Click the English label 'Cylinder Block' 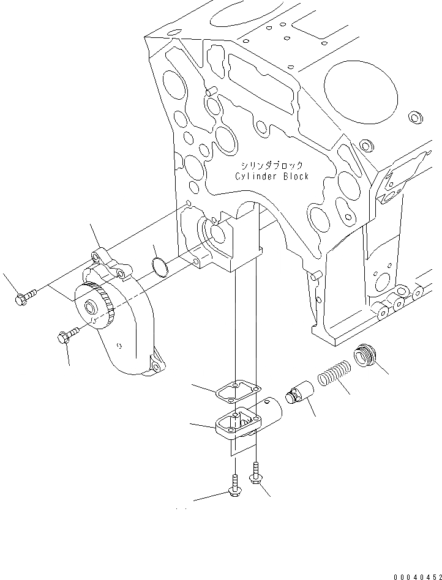[272, 177]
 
